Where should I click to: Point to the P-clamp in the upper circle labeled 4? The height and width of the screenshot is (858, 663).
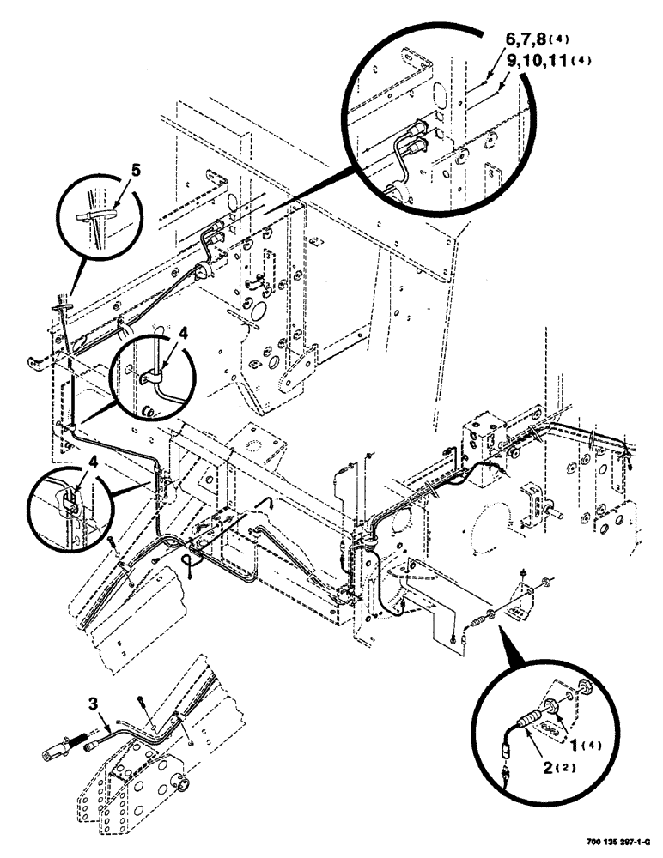tap(150, 374)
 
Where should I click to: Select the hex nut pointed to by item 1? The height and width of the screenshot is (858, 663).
tap(566, 708)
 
